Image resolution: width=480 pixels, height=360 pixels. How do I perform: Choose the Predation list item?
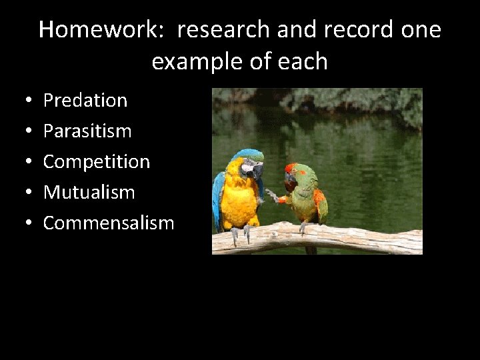coord(85,100)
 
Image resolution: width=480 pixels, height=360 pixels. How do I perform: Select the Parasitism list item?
coord(87,131)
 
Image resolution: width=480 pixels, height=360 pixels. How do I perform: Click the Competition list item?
coord(97,161)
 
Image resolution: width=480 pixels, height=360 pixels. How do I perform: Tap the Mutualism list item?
coord(89,192)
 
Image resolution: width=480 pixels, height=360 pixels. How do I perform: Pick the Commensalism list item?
coord(108,223)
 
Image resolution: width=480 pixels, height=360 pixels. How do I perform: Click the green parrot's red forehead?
coord(291,167)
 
